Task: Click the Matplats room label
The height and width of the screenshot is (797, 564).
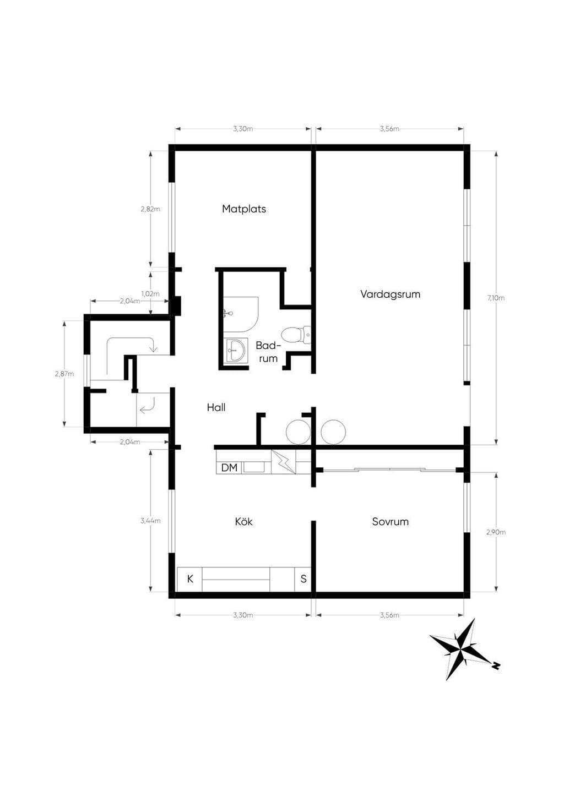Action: (244, 209)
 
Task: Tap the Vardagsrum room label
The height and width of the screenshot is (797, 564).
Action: (391, 294)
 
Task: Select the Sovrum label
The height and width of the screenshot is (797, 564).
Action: (391, 522)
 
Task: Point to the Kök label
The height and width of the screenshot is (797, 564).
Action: (244, 522)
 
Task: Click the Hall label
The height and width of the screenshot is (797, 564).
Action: (216, 407)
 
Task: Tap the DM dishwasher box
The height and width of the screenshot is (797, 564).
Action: (229, 467)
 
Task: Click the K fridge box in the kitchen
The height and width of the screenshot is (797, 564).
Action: (190, 579)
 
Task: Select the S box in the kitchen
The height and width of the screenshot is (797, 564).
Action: (303, 579)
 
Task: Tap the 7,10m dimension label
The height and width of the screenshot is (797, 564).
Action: (496, 298)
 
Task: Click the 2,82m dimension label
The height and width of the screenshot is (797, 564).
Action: (150, 209)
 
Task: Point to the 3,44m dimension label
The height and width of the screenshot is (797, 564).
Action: (150, 521)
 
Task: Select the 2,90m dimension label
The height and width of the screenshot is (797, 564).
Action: (496, 532)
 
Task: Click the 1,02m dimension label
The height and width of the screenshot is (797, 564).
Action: (150, 294)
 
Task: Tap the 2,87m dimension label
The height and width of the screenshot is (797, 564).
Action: (64, 374)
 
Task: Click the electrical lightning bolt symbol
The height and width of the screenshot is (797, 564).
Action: (284, 462)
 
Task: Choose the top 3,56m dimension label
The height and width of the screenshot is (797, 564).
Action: (389, 129)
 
